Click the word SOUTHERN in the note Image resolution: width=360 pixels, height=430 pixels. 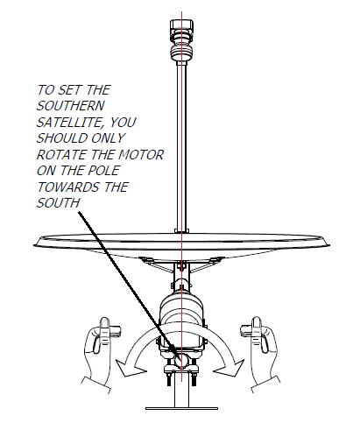(x=70, y=106)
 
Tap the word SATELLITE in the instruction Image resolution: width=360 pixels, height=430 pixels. (x=70, y=123)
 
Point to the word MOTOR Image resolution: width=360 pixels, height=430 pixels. (x=141, y=155)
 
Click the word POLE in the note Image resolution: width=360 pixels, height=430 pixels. (x=103, y=171)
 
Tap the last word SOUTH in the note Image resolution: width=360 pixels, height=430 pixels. (x=58, y=203)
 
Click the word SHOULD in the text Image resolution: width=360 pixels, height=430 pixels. (x=62, y=138)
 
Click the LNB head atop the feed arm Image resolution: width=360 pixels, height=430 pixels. (x=181, y=40)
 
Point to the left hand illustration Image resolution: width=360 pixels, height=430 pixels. (x=100, y=355)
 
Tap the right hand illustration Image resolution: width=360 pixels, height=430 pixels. (x=260, y=355)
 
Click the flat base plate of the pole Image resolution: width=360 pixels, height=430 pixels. (x=181, y=408)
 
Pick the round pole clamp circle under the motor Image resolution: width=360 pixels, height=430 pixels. (x=181, y=360)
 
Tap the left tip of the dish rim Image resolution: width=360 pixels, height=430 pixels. (x=34, y=245)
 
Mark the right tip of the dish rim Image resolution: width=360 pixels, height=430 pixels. (x=329, y=245)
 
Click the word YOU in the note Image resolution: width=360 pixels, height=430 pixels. (x=123, y=123)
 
